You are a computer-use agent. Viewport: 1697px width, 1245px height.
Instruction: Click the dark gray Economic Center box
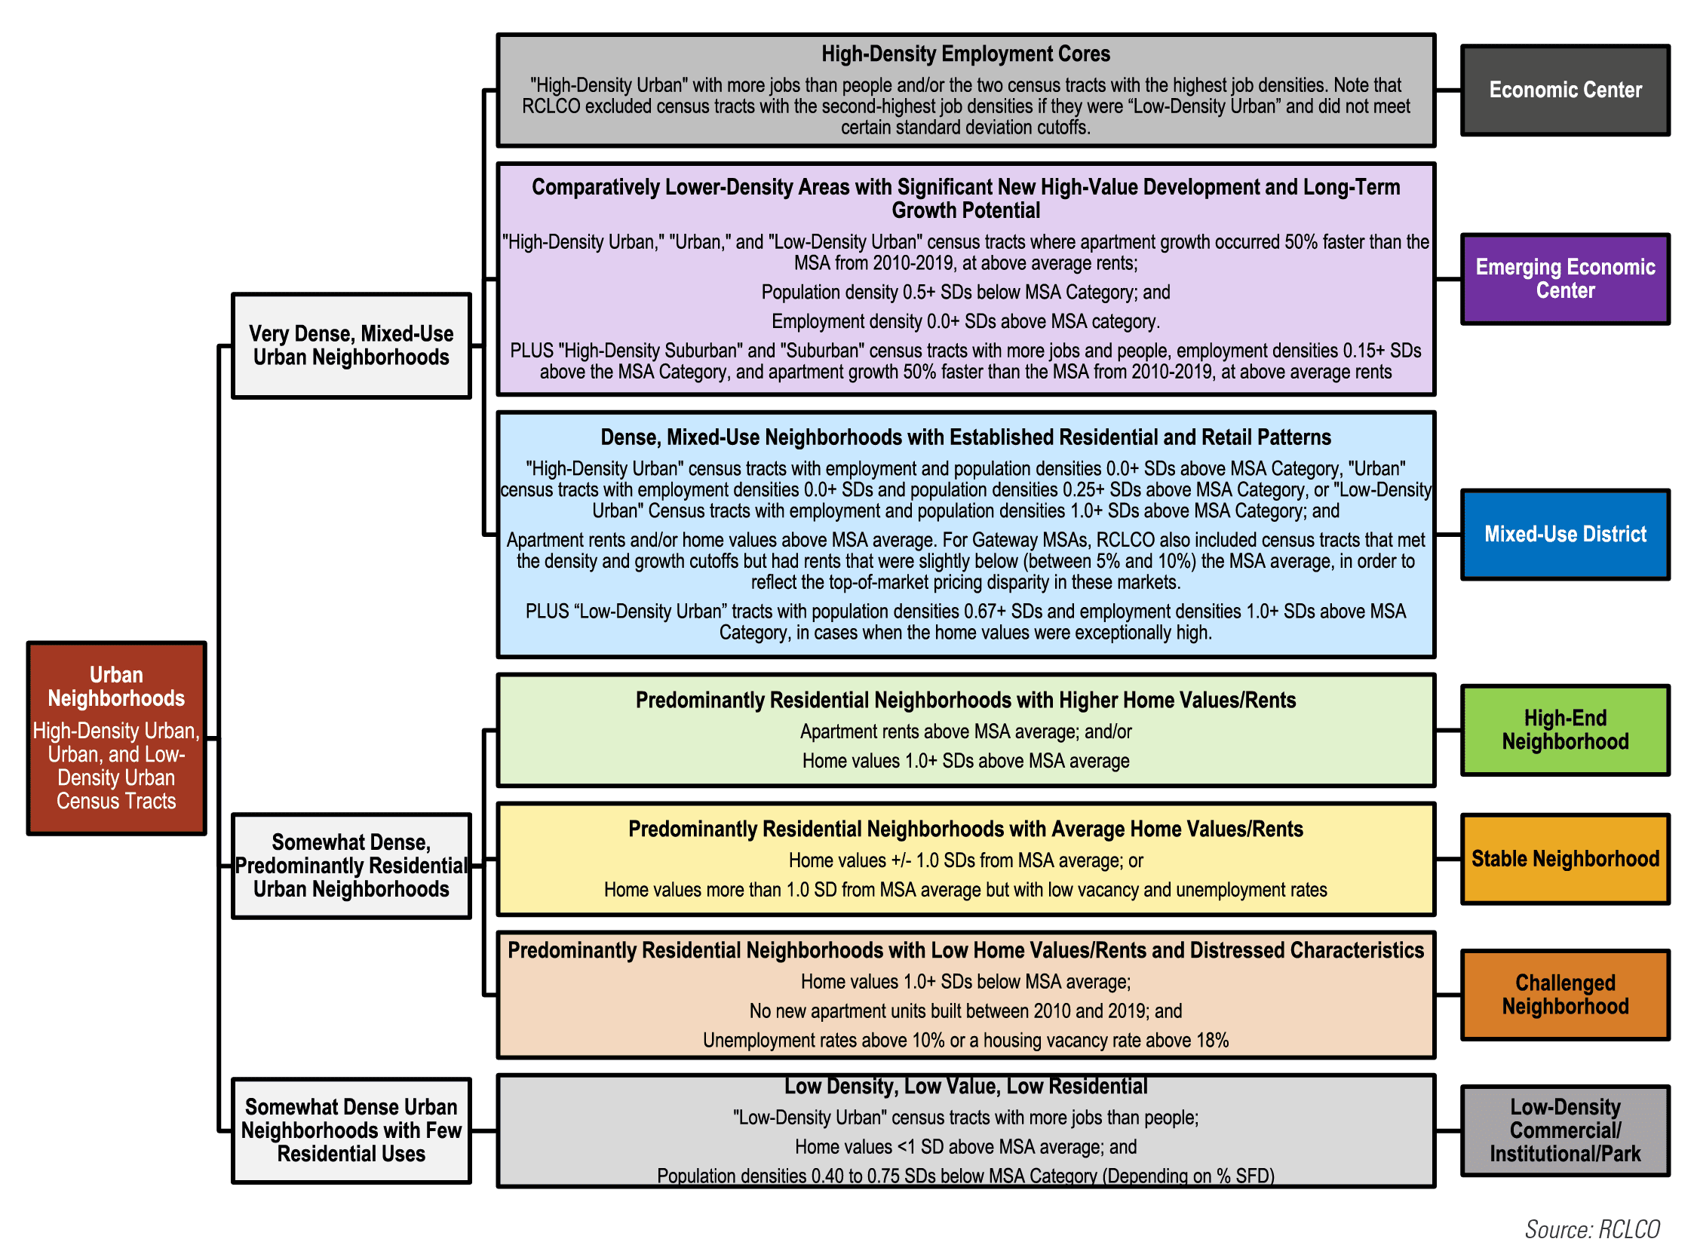(1565, 90)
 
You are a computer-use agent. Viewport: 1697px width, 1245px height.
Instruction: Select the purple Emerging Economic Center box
(1565, 279)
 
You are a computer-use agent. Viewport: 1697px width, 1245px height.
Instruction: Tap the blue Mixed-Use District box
(1565, 534)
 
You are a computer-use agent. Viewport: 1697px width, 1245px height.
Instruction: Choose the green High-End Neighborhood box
(1565, 730)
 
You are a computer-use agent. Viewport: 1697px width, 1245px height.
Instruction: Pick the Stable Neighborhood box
(1565, 858)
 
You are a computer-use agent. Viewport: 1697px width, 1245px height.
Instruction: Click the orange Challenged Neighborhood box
(1565, 995)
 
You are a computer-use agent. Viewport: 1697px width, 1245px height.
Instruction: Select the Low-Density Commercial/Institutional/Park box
(1565, 1130)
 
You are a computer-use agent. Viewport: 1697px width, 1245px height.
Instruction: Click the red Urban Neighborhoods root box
(116, 737)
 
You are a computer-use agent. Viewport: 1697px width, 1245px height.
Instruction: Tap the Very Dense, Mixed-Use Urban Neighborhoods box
(351, 345)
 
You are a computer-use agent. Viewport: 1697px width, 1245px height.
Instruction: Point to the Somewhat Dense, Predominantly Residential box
(351, 866)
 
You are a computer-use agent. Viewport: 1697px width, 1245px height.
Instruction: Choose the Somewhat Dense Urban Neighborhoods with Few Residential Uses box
(351, 1130)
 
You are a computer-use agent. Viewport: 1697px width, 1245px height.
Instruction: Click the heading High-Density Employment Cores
(965, 54)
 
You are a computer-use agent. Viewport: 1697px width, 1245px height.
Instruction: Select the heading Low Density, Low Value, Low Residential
(965, 1087)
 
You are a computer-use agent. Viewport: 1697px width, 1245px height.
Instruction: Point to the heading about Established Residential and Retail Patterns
(965, 437)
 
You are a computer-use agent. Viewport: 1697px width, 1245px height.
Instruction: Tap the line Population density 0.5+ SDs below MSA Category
(965, 293)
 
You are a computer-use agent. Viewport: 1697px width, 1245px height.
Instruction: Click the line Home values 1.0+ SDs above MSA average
(965, 761)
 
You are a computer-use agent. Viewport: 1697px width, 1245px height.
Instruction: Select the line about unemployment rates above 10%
(965, 1041)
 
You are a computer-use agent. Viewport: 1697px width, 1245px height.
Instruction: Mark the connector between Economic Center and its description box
(1448, 90)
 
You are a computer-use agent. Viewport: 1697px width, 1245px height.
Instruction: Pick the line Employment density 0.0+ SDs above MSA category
(965, 322)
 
